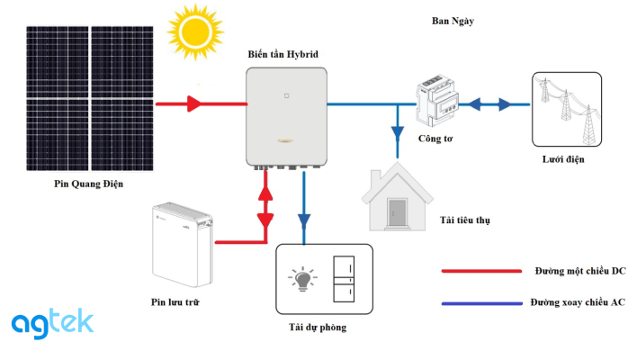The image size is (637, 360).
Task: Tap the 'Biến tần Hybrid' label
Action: coord(283,55)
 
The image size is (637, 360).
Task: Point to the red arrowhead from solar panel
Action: coord(193,104)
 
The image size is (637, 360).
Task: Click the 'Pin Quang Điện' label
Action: coord(87,184)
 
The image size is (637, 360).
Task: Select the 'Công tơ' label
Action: coord(435,139)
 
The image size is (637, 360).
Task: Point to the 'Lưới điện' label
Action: coord(563,159)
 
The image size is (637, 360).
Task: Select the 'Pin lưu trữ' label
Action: coord(175,302)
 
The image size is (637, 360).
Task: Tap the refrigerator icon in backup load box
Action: coord(345,280)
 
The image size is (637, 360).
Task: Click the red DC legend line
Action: coord(481,270)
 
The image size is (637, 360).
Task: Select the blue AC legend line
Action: coord(481,302)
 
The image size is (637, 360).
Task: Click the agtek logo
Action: coord(52,321)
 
